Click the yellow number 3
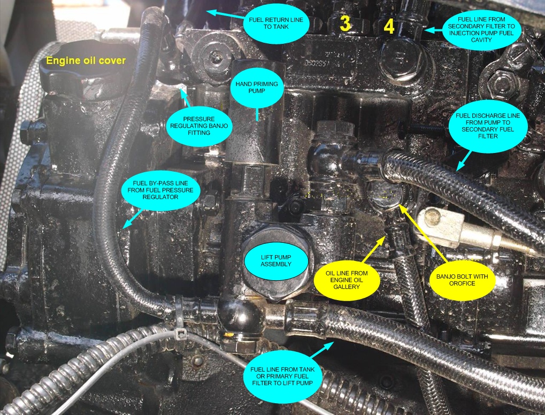(x=345, y=23)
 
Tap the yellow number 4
(x=389, y=26)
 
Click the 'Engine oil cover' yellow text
(x=86, y=60)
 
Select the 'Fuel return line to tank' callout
(x=276, y=24)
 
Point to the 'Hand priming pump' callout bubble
(x=257, y=87)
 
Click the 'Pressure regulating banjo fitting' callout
(x=199, y=126)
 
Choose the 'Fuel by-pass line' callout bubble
(x=160, y=190)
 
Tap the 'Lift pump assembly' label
(x=276, y=260)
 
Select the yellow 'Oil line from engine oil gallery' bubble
(x=347, y=280)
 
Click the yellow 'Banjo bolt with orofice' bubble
(x=462, y=280)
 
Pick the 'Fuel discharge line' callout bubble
(x=487, y=126)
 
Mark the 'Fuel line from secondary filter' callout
(x=481, y=29)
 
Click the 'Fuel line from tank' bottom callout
(x=282, y=376)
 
